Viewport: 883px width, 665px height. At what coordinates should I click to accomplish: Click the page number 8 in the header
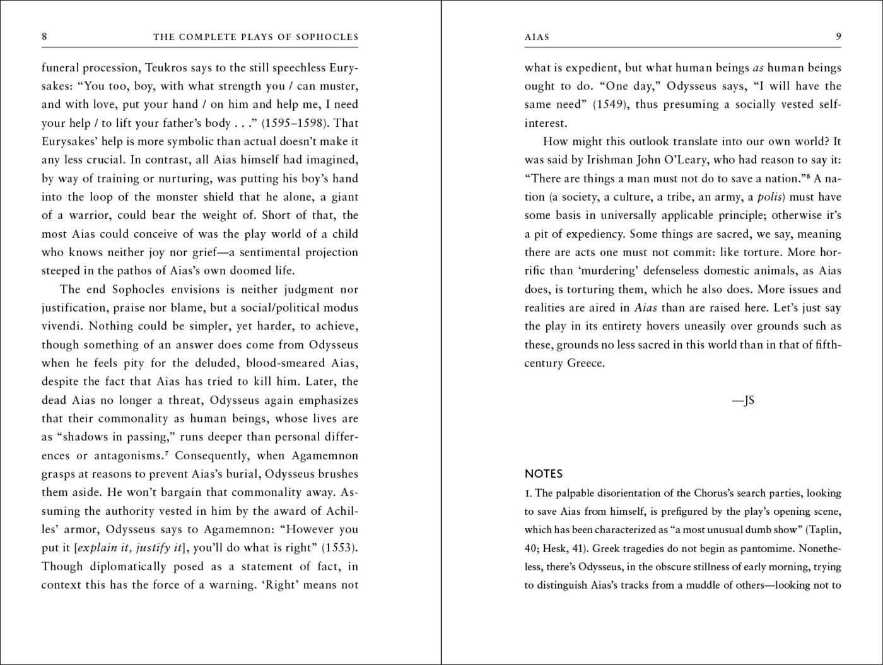coord(44,37)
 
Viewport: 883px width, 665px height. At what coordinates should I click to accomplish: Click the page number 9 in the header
coord(838,37)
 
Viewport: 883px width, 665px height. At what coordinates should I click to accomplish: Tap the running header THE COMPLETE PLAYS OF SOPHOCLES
coord(255,37)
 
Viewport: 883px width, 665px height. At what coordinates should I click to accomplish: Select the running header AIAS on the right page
coord(537,37)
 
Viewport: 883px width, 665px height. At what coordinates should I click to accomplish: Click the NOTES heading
coord(544,474)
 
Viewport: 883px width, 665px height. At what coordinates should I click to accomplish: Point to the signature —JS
coord(744,400)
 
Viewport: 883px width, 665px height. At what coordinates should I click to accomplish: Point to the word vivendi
coord(61,326)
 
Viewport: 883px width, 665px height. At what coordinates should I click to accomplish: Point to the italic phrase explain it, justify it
coord(129,548)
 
